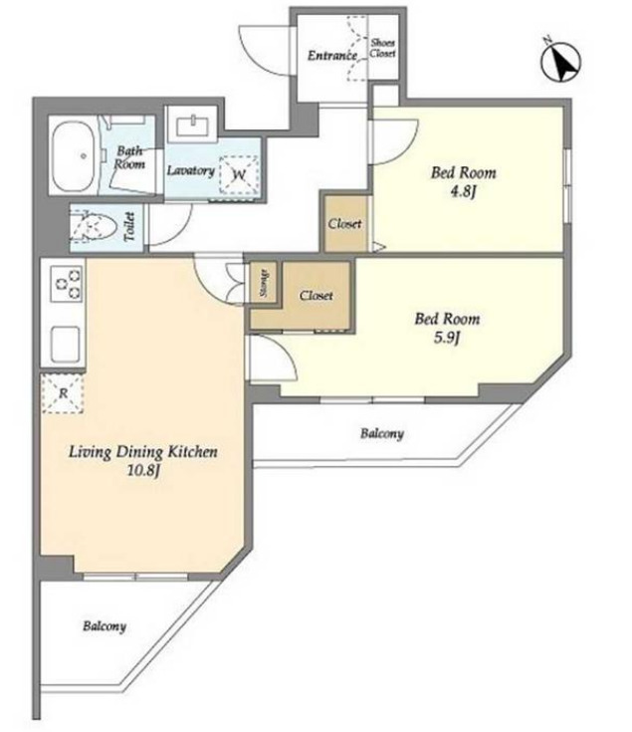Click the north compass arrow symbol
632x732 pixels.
[561, 62]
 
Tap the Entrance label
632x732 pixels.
[332, 56]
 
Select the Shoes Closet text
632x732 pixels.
[383, 48]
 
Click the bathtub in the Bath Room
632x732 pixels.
[75, 156]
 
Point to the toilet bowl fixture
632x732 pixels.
[94, 229]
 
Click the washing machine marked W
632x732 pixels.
[239, 174]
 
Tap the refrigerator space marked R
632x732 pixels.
[63, 393]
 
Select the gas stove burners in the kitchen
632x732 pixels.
[67, 284]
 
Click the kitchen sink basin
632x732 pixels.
[66, 344]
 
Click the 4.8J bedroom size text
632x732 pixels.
[463, 191]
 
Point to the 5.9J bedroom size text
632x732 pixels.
[447, 337]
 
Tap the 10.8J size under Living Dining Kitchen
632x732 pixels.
[143, 470]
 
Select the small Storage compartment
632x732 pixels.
[264, 283]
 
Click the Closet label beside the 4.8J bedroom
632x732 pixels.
[344, 224]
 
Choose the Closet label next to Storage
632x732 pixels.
[316, 296]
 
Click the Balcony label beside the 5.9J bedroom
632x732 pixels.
[381, 433]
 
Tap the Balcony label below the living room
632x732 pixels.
[105, 626]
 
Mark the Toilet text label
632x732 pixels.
[129, 227]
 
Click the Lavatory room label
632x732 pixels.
[190, 170]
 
